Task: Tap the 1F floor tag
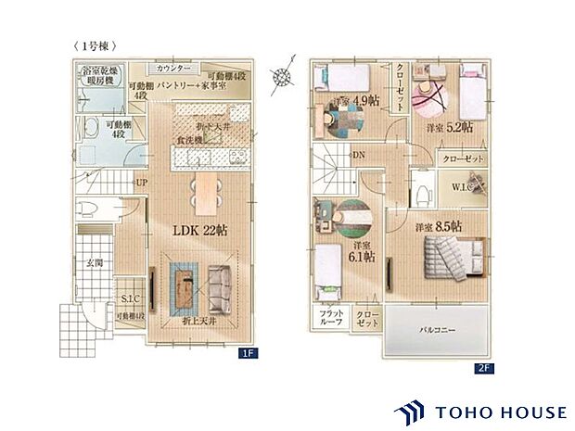click(248, 353)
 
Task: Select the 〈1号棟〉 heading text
click(94, 45)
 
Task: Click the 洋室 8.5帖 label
click(439, 226)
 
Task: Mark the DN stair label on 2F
click(358, 156)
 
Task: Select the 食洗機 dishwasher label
click(189, 141)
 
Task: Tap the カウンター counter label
click(172, 70)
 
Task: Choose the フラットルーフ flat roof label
click(332, 318)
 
